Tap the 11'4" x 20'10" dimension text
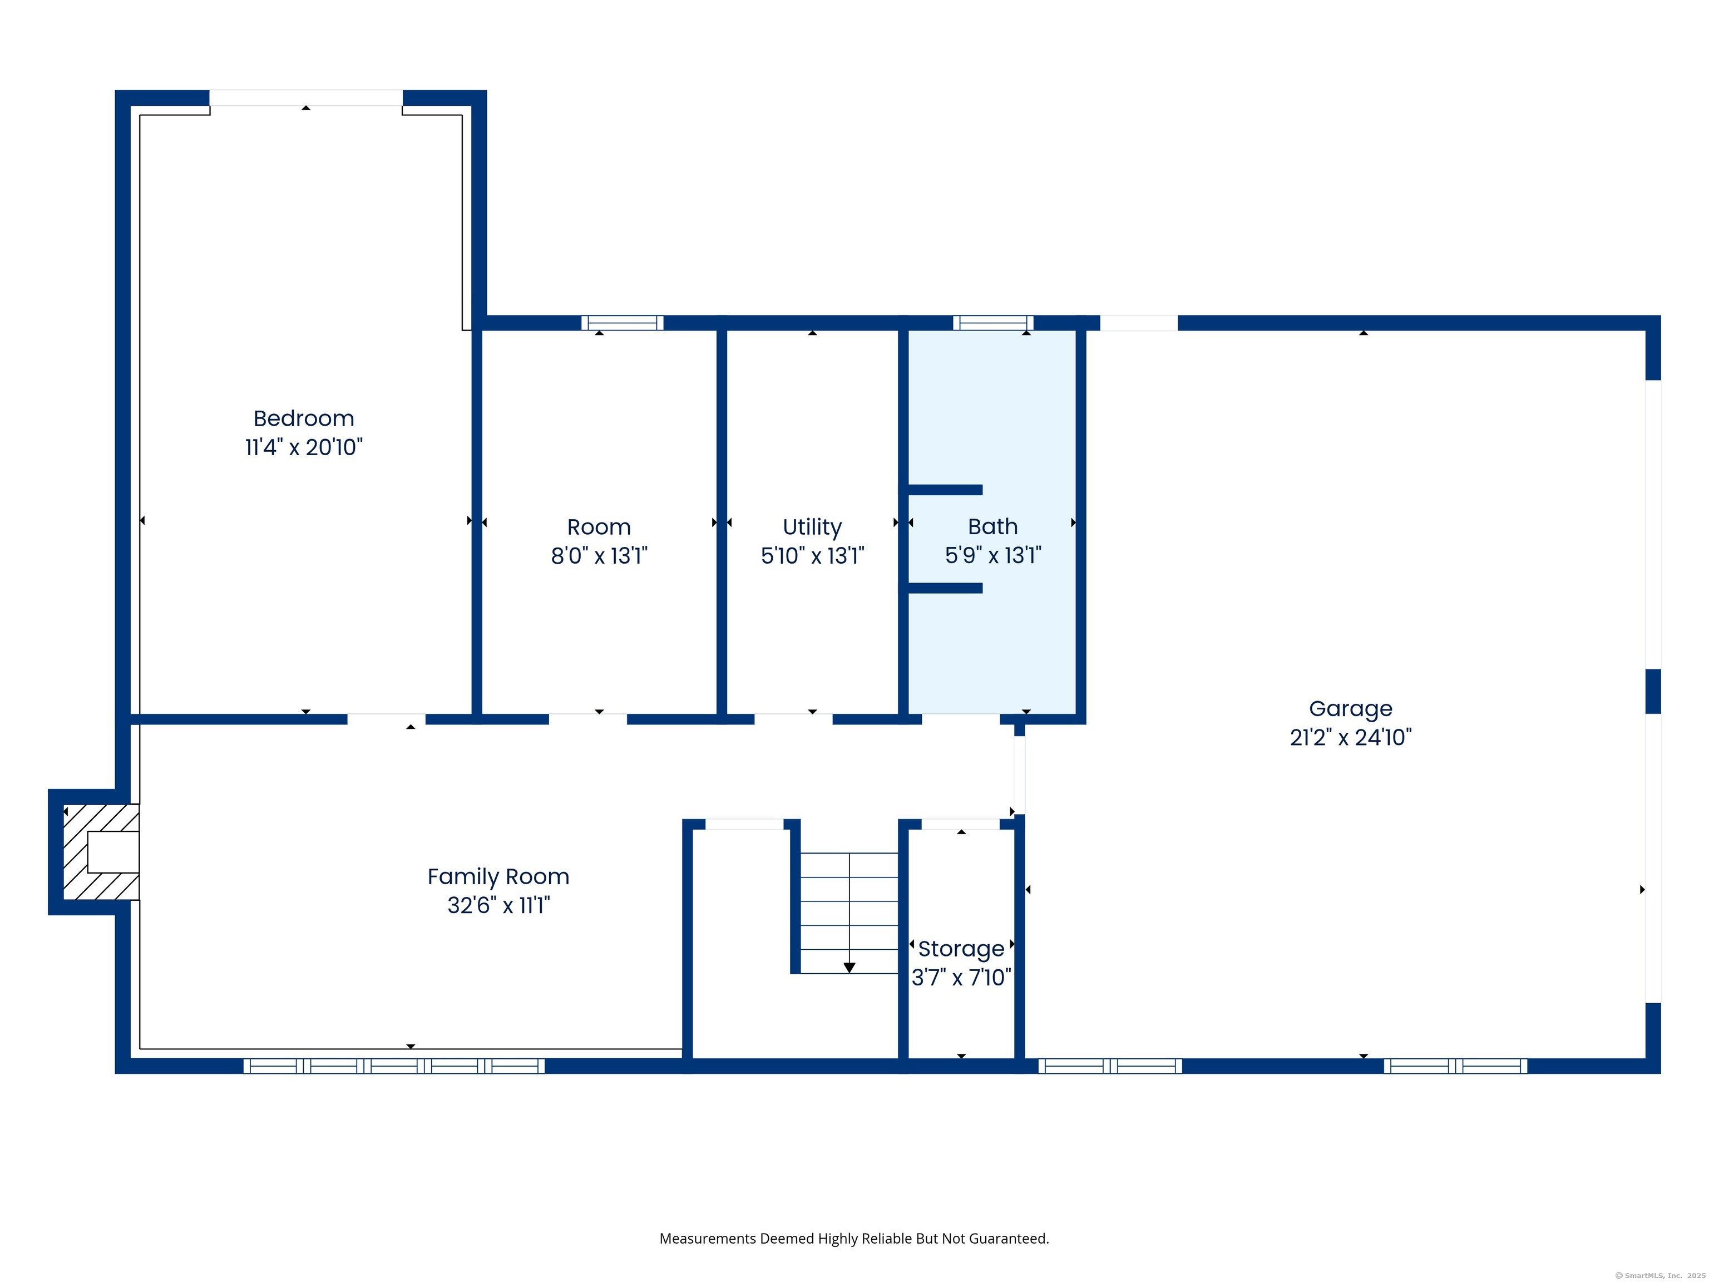[304, 447]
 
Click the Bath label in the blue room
[993, 526]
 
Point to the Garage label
[1351, 709]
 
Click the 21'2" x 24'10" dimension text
[1351, 737]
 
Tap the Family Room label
[498, 877]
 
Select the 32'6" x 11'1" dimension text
[498, 905]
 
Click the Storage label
[961, 949]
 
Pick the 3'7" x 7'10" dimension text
[961, 978]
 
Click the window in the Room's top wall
[622, 323]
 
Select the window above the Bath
[993, 323]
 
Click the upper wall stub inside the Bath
[945, 490]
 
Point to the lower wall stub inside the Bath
[945, 588]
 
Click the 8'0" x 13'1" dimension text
[599, 556]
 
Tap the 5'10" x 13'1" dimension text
[812, 556]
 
